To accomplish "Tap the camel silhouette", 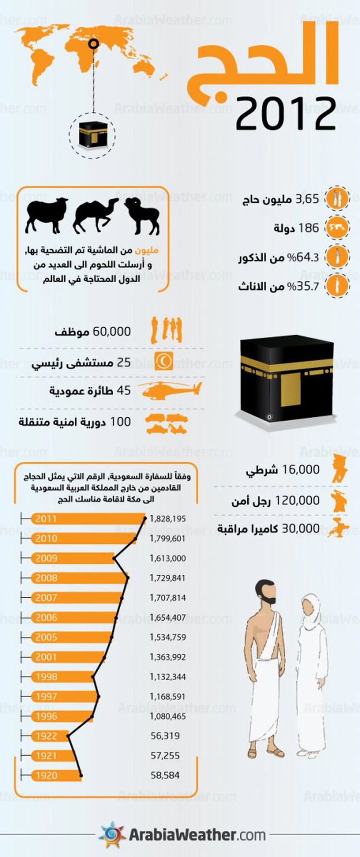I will click(95, 215).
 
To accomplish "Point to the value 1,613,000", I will click(168, 558).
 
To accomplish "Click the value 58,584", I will click(165, 775).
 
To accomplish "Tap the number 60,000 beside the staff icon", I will click(112, 331).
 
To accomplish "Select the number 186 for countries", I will click(308, 228).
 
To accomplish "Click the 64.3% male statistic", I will click(303, 257).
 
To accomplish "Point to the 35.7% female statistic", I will click(303, 286).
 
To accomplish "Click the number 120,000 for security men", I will click(297, 500).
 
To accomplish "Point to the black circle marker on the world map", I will click(94, 43).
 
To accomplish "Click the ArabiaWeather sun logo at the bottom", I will click(112, 834).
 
